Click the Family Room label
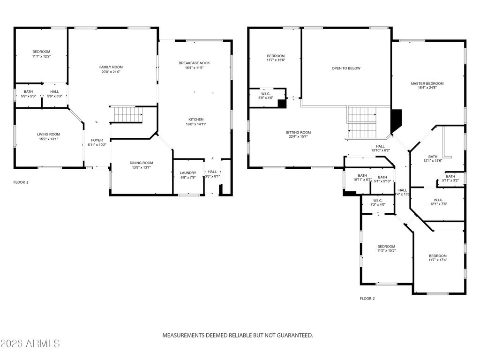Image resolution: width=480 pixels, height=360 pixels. click(111, 67)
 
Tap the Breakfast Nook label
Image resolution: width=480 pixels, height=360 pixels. click(194, 63)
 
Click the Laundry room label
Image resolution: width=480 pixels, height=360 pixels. click(188, 173)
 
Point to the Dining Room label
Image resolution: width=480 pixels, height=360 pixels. click(141, 163)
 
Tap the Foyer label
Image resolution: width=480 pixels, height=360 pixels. click(97, 140)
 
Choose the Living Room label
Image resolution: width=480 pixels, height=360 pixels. click(49, 135)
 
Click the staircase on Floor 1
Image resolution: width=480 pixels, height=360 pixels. click(126, 114)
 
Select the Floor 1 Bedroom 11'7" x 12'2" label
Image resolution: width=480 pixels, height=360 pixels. click(41, 52)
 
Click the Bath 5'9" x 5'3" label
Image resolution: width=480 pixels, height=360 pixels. click(29, 92)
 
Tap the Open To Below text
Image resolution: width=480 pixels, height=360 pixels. click(346, 68)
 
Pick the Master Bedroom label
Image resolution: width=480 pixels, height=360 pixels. click(427, 84)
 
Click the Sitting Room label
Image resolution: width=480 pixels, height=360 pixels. click(299, 133)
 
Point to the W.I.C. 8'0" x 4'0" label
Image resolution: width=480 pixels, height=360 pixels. click(265, 94)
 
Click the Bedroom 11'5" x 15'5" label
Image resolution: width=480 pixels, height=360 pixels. click(386, 247)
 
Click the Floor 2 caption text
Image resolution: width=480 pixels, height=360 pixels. click(367, 298)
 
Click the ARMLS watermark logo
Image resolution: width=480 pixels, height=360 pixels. click(30, 344)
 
